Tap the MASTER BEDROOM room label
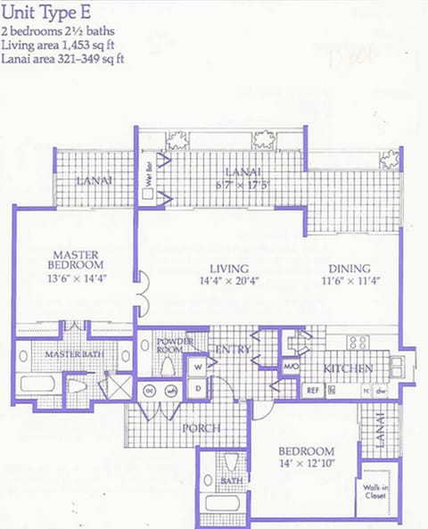(x=76, y=259)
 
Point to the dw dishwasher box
(x=380, y=391)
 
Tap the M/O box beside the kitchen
(x=290, y=366)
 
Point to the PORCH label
(x=202, y=429)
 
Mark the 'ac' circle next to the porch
(x=151, y=389)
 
